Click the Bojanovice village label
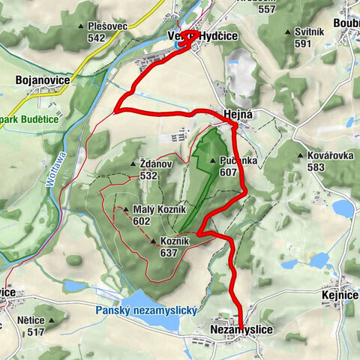click(x=31, y=79)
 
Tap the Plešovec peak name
click(x=106, y=25)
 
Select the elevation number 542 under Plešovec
click(x=95, y=37)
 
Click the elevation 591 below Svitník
click(x=302, y=43)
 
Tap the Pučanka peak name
click(x=239, y=160)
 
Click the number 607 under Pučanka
click(x=228, y=172)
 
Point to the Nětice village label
click(x=30, y=319)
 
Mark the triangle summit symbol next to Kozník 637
click(x=153, y=241)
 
